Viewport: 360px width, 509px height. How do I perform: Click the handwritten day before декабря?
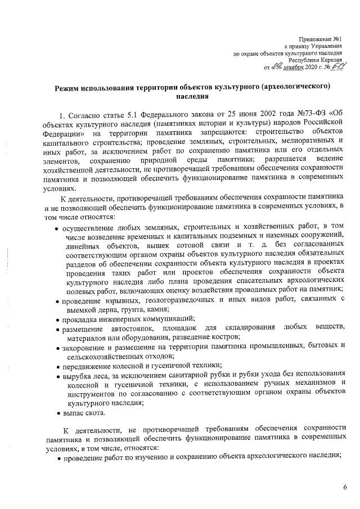[277, 67]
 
